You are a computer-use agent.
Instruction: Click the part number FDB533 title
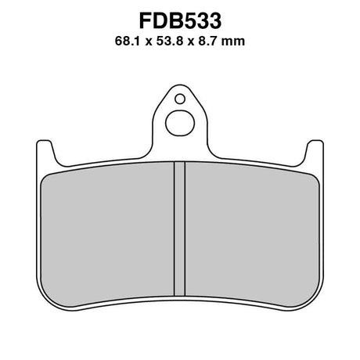[x=180, y=21]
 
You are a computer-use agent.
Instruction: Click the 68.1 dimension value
[x=128, y=41]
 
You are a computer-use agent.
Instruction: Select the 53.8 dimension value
[x=170, y=41]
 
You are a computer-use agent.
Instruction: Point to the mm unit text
[x=233, y=42]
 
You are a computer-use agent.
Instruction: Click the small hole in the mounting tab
[x=180, y=99]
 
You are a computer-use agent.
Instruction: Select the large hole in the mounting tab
[x=180, y=123]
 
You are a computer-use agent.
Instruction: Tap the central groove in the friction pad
[x=179, y=229]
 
